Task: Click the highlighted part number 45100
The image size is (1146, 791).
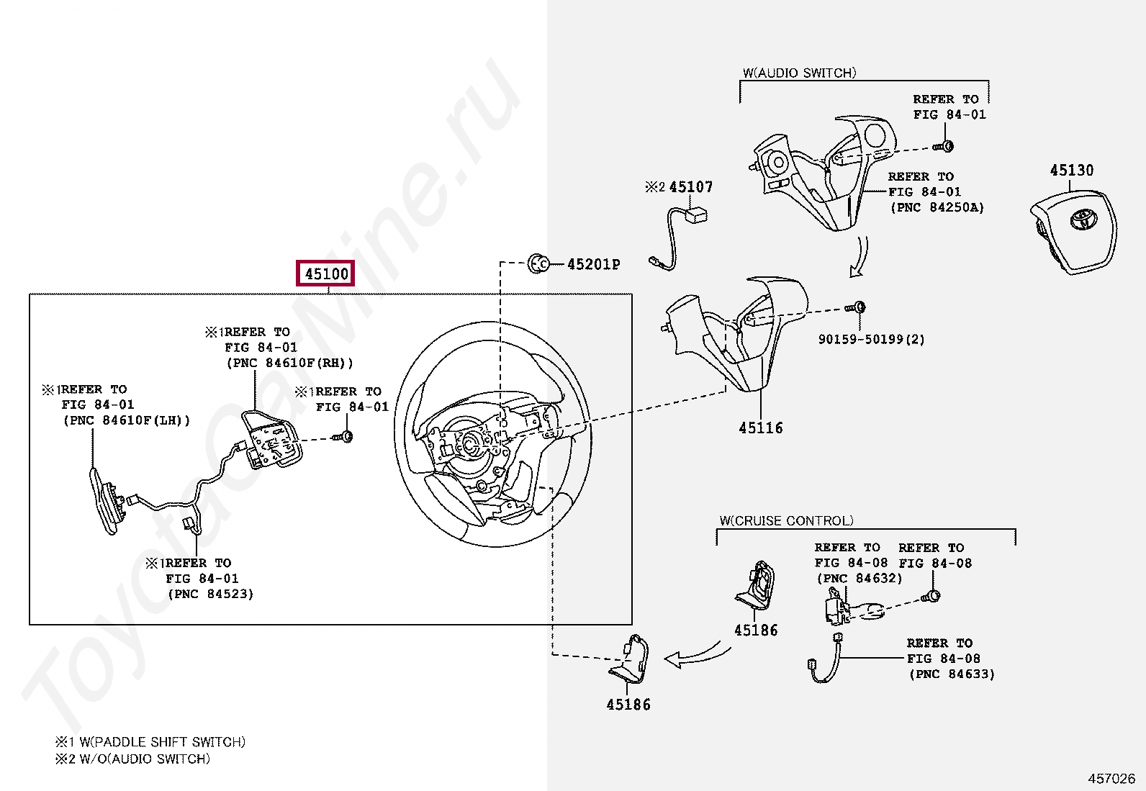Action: tap(326, 274)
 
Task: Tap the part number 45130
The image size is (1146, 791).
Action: tap(1071, 171)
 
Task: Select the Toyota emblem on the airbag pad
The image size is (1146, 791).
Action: tap(1081, 218)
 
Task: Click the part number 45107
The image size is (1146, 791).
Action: tap(690, 187)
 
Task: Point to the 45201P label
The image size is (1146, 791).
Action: tap(593, 264)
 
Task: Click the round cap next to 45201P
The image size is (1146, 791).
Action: tap(538, 264)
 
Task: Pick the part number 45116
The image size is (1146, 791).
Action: tap(760, 428)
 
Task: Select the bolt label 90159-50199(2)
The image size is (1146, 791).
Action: tap(871, 339)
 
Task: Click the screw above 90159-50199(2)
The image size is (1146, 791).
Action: tap(856, 308)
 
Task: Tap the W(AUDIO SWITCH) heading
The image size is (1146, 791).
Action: tap(799, 73)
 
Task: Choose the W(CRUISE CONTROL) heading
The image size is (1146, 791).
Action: tap(786, 520)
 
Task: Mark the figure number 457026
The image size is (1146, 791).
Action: tap(1111, 778)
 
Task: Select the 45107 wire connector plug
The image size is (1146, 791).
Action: tap(696, 214)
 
